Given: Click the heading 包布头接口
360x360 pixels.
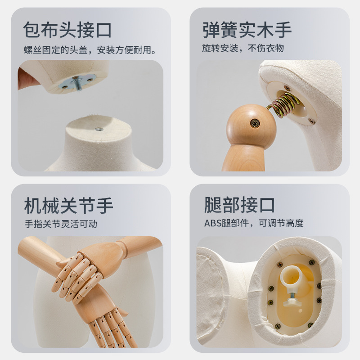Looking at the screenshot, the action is (67, 30).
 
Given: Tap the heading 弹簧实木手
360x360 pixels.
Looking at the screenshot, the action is (247, 30).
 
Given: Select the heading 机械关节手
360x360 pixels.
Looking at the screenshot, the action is (69, 206).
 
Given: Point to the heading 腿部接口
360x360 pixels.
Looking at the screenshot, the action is (239, 205).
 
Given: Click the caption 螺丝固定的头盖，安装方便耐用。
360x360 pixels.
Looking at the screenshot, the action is (90, 50).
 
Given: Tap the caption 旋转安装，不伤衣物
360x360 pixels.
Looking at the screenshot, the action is (243, 48).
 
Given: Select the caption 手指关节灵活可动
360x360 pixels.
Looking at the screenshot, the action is (61, 224).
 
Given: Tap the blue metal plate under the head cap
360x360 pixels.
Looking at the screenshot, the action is (77, 82).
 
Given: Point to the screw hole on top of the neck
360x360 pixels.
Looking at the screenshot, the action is (99, 129).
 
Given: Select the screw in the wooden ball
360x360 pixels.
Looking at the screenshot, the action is (255, 123).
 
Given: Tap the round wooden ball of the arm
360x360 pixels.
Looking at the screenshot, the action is (251, 125).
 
